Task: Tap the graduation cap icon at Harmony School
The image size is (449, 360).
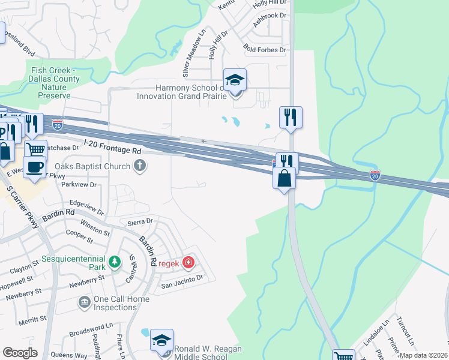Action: click(x=235, y=79)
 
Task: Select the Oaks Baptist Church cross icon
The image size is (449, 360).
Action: click(x=139, y=166)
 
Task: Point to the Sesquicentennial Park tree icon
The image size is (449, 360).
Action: click(x=114, y=262)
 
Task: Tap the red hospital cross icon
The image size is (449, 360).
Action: click(x=188, y=262)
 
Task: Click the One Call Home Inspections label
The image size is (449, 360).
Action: click(x=115, y=304)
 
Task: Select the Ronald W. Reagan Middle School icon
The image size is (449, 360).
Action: click(x=161, y=340)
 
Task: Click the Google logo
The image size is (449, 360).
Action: click(x=20, y=353)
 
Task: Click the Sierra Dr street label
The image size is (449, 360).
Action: click(x=136, y=221)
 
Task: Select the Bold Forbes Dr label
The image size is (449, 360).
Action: click(x=265, y=50)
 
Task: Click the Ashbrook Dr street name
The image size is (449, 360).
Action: click(x=270, y=16)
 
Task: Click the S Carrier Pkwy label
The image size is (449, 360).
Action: click(x=25, y=207)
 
